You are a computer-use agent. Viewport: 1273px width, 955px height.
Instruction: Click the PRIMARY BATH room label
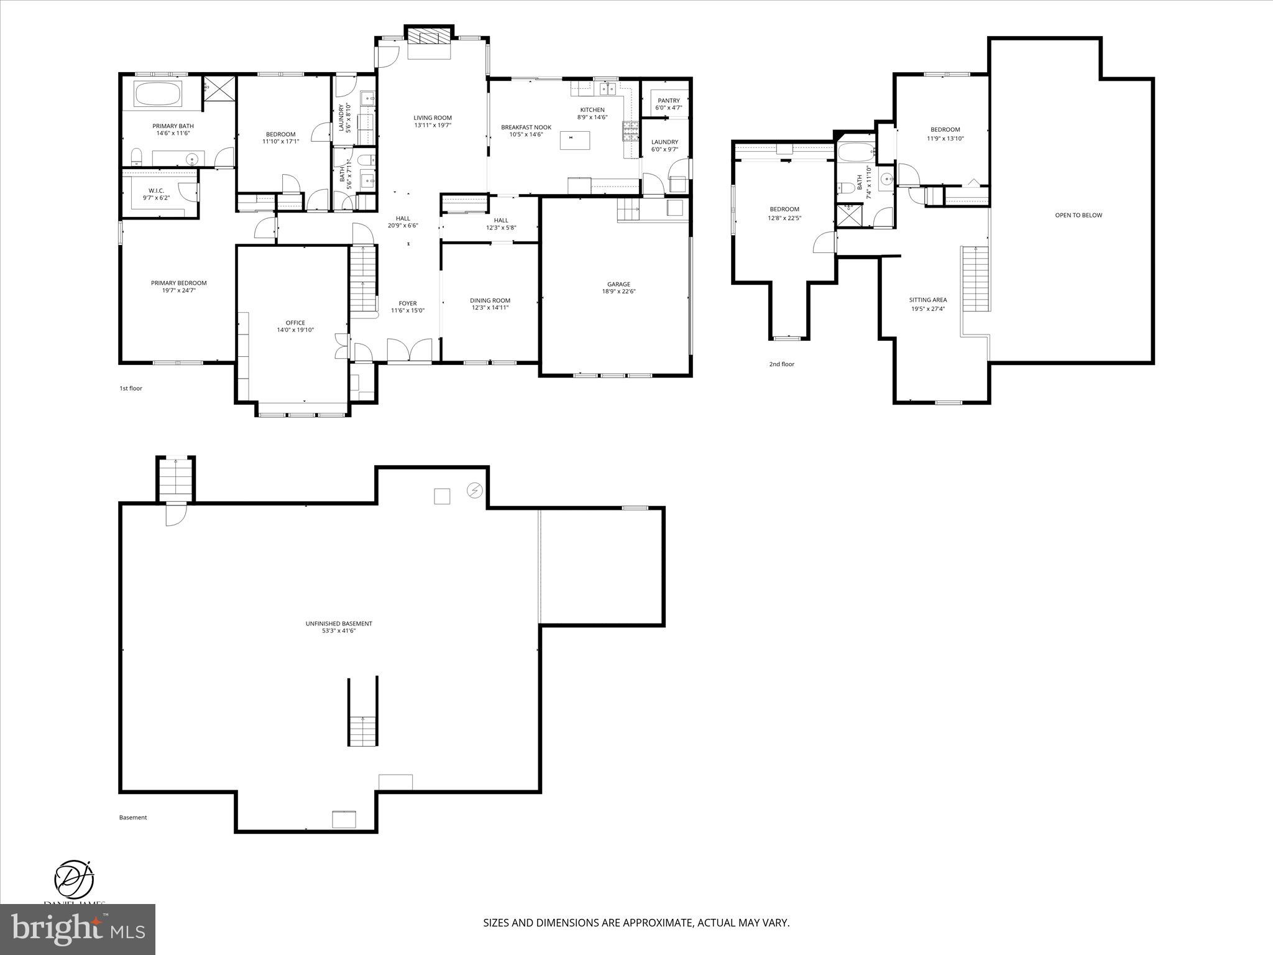tap(173, 126)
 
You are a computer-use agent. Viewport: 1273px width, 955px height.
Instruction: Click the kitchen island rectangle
tap(574, 141)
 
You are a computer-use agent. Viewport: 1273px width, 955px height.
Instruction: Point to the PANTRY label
tap(668, 100)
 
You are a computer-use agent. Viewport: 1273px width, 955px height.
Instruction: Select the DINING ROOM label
tap(490, 300)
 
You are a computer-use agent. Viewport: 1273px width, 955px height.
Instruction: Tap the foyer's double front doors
tap(409, 350)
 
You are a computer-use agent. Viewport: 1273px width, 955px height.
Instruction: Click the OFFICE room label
tap(295, 323)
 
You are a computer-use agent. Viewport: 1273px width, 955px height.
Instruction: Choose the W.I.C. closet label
tap(156, 190)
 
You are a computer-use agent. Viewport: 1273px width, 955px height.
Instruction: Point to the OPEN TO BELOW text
tap(1069, 215)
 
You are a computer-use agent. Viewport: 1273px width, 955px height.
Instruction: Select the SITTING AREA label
tap(927, 300)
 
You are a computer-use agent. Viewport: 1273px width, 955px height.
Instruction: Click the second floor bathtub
tap(856, 152)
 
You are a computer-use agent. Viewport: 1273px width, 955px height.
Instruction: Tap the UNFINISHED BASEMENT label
tap(339, 624)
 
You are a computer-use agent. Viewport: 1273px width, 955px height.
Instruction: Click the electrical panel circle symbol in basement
tap(474, 491)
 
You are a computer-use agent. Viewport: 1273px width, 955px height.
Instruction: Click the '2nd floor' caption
tap(781, 364)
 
